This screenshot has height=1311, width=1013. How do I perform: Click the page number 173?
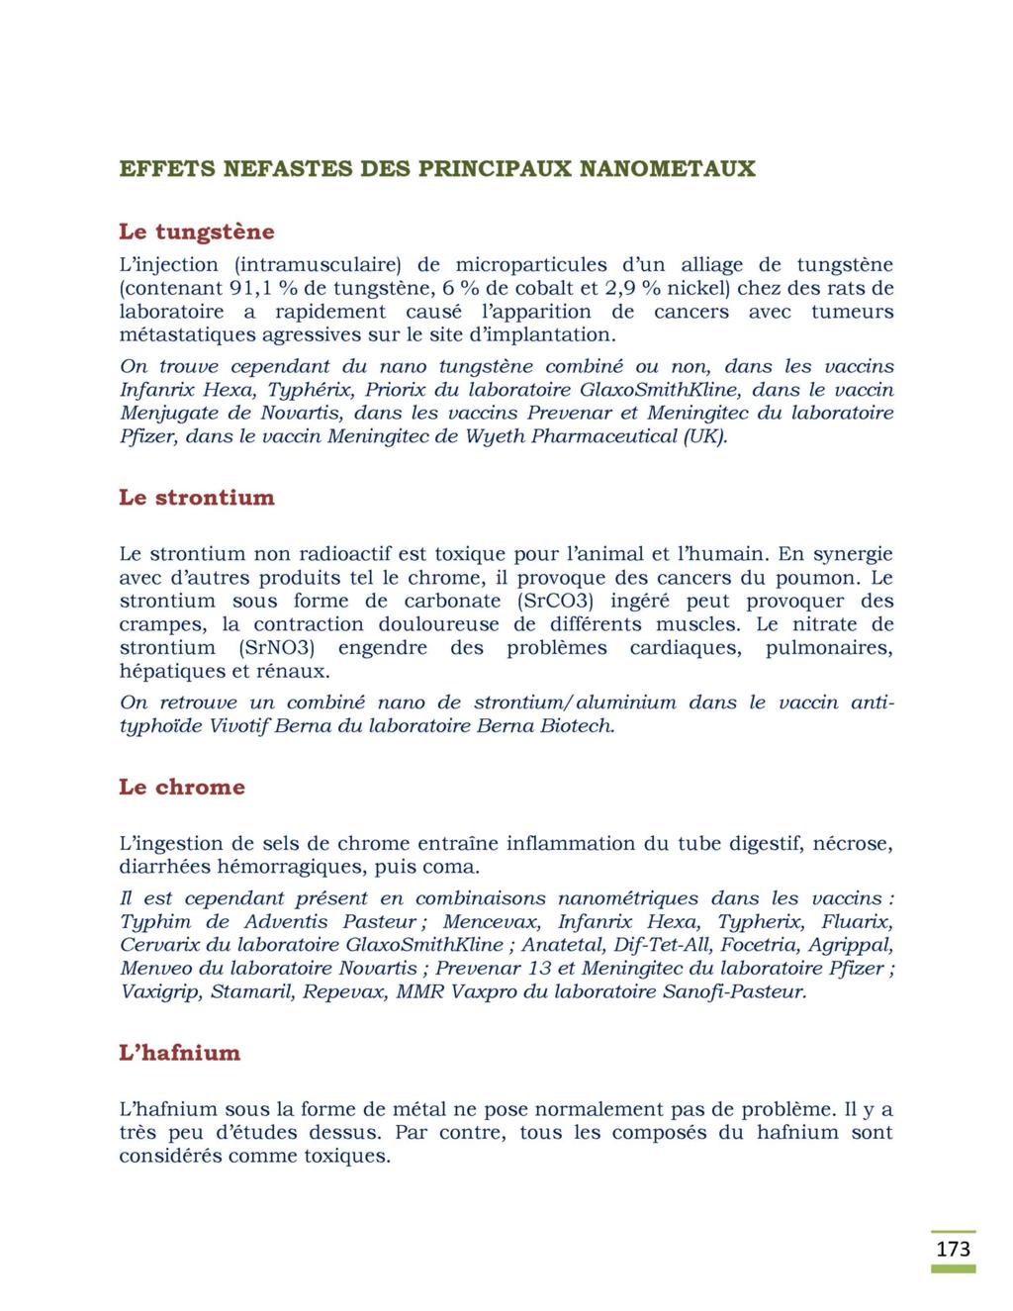[x=954, y=1249]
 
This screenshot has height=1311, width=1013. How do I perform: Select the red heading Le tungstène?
[x=197, y=233]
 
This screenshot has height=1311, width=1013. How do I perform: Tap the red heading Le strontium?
[x=197, y=498]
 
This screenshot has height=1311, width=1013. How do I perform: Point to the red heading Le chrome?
[x=182, y=788]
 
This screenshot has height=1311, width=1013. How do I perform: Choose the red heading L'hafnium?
[x=180, y=1053]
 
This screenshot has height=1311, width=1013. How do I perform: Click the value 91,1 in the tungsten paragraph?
[x=249, y=289]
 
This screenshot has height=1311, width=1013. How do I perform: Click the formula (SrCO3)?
[x=553, y=602]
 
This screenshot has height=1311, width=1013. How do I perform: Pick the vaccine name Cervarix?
[x=161, y=945]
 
